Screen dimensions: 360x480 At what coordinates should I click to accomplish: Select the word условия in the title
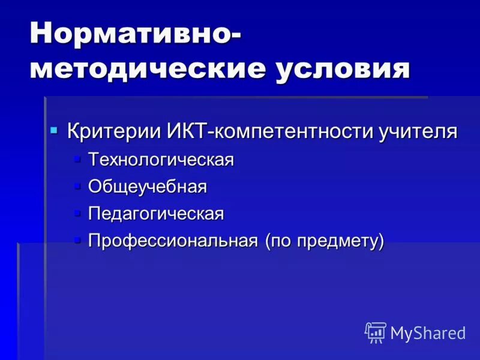click(x=343, y=70)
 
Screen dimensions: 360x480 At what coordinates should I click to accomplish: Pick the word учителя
click(x=418, y=131)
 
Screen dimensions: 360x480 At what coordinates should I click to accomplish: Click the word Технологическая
click(x=161, y=160)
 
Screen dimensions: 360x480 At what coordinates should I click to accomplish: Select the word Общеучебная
click(x=148, y=187)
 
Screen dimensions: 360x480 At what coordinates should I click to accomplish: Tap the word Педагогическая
click(x=156, y=214)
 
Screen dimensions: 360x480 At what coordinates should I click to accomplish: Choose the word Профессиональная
click(x=173, y=241)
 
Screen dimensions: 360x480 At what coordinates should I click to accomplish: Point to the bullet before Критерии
click(x=54, y=130)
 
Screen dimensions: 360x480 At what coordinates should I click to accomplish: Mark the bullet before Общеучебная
click(x=77, y=186)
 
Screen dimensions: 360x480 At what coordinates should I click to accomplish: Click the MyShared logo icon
click(x=376, y=332)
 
